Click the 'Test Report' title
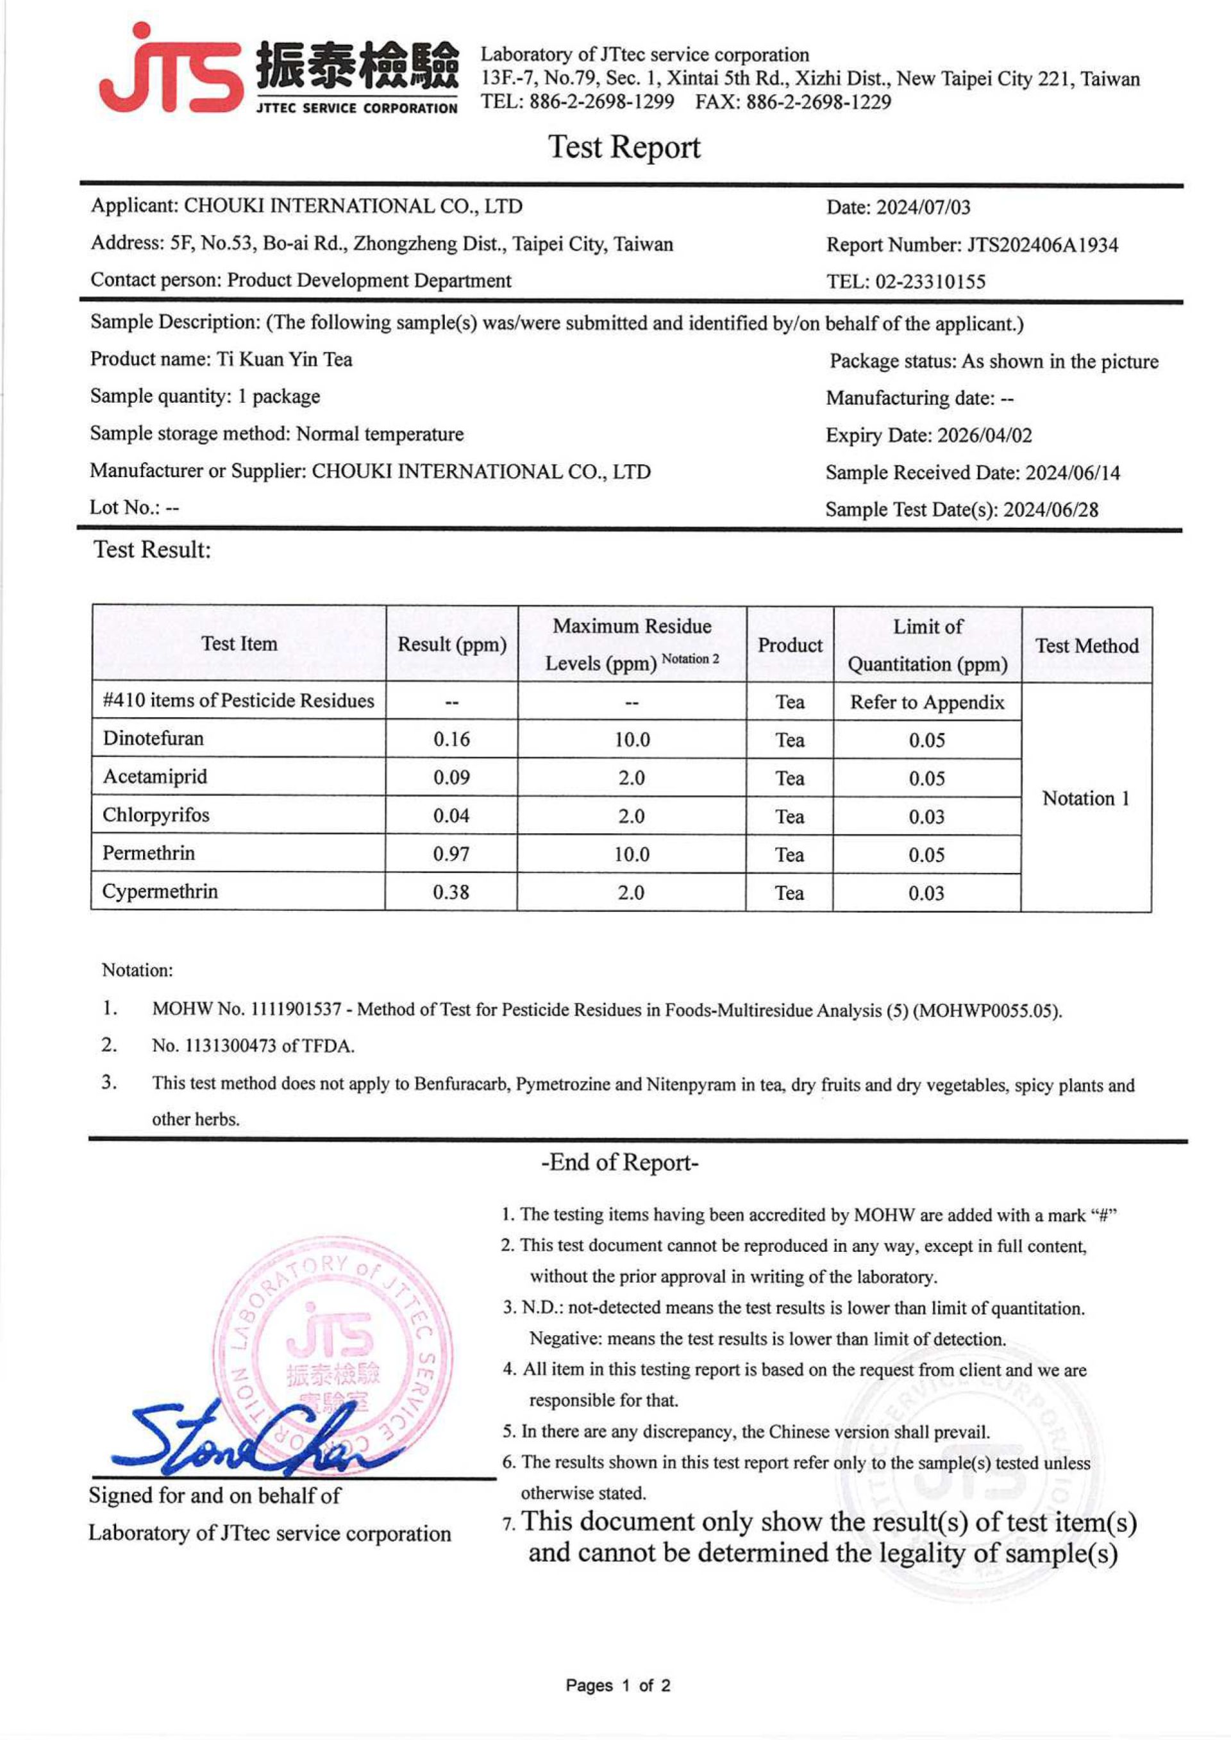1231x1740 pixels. (624, 147)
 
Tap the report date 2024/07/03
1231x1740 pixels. (923, 207)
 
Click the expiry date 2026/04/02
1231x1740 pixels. (984, 435)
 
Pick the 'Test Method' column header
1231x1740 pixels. (1086, 645)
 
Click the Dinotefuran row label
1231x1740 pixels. (153, 738)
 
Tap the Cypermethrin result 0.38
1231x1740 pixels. (451, 892)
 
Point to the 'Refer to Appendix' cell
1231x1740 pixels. (926, 702)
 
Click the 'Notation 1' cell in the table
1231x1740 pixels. (1085, 798)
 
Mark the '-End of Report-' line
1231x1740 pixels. (619, 1162)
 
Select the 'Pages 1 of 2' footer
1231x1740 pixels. (618, 1685)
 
